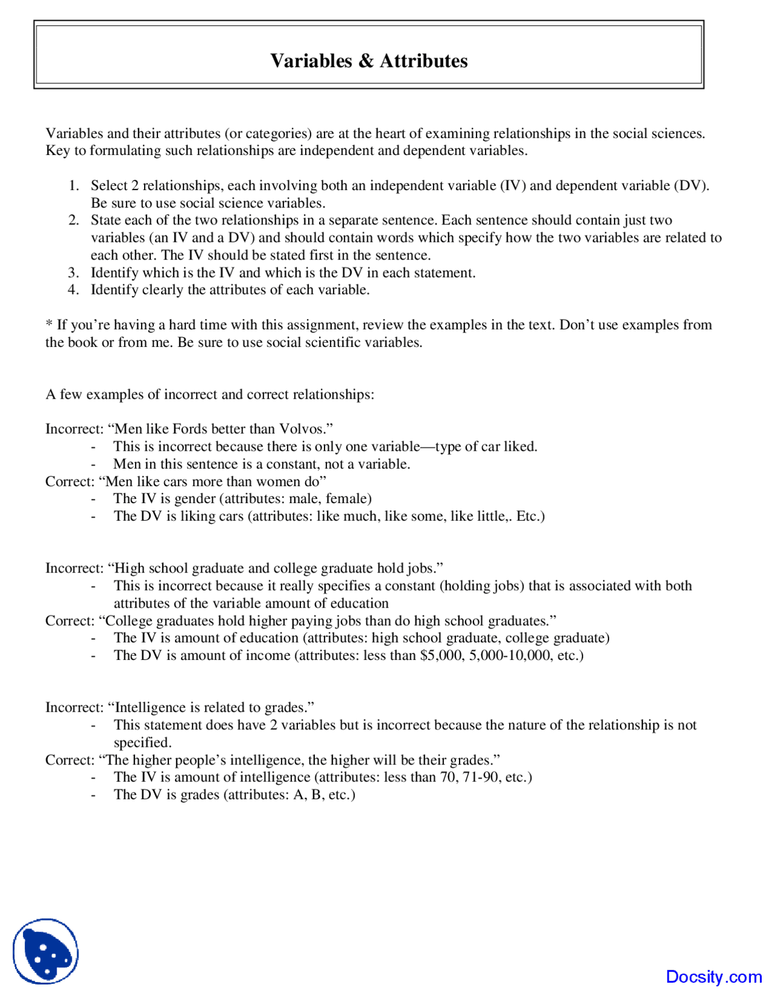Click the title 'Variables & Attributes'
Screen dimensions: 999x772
pyautogui.click(x=369, y=61)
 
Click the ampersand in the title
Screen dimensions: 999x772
pyautogui.click(x=365, y=61)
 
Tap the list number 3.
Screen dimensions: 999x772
pyautogui.click(x=74, y=273)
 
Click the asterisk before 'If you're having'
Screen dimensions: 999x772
pyautogui.click(x=49, y=324)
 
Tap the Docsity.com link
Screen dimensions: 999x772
pyautogui.click(x=713, y=976)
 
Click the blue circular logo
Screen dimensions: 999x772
pyautogui.click(x=46, y=951)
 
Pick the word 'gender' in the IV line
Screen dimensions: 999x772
pyautogui.click(x=195, y=499)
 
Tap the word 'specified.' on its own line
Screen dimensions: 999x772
pyautogui.click(x=143, y=743)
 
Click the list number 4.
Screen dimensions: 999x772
pyautogui.click(x=74, y=290)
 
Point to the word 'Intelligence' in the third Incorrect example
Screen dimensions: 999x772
pyautogui.click(x=151, y=708)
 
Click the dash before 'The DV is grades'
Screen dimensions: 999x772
pyautogui.click(x=93, y=795)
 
